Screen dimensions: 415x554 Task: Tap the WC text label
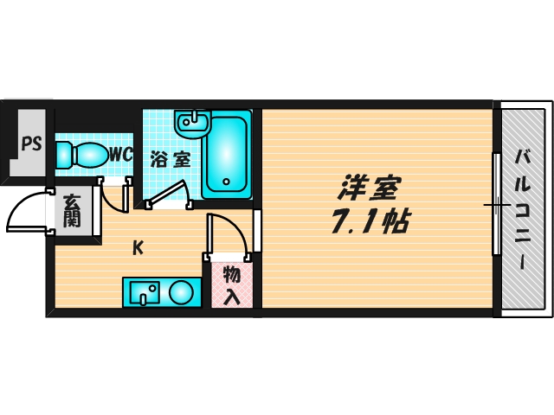tap(120, 156)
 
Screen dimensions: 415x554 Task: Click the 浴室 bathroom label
tap(170, 160)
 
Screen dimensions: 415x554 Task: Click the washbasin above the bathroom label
tap(192, 124)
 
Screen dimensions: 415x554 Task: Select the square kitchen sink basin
tap(142, 293)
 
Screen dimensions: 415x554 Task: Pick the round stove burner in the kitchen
tap(181, 292)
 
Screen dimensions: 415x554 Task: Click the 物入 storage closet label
tap(232, 286)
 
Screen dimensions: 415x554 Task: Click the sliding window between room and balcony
tap(496, 205)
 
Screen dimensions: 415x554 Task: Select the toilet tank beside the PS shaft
tap(65, 156)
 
